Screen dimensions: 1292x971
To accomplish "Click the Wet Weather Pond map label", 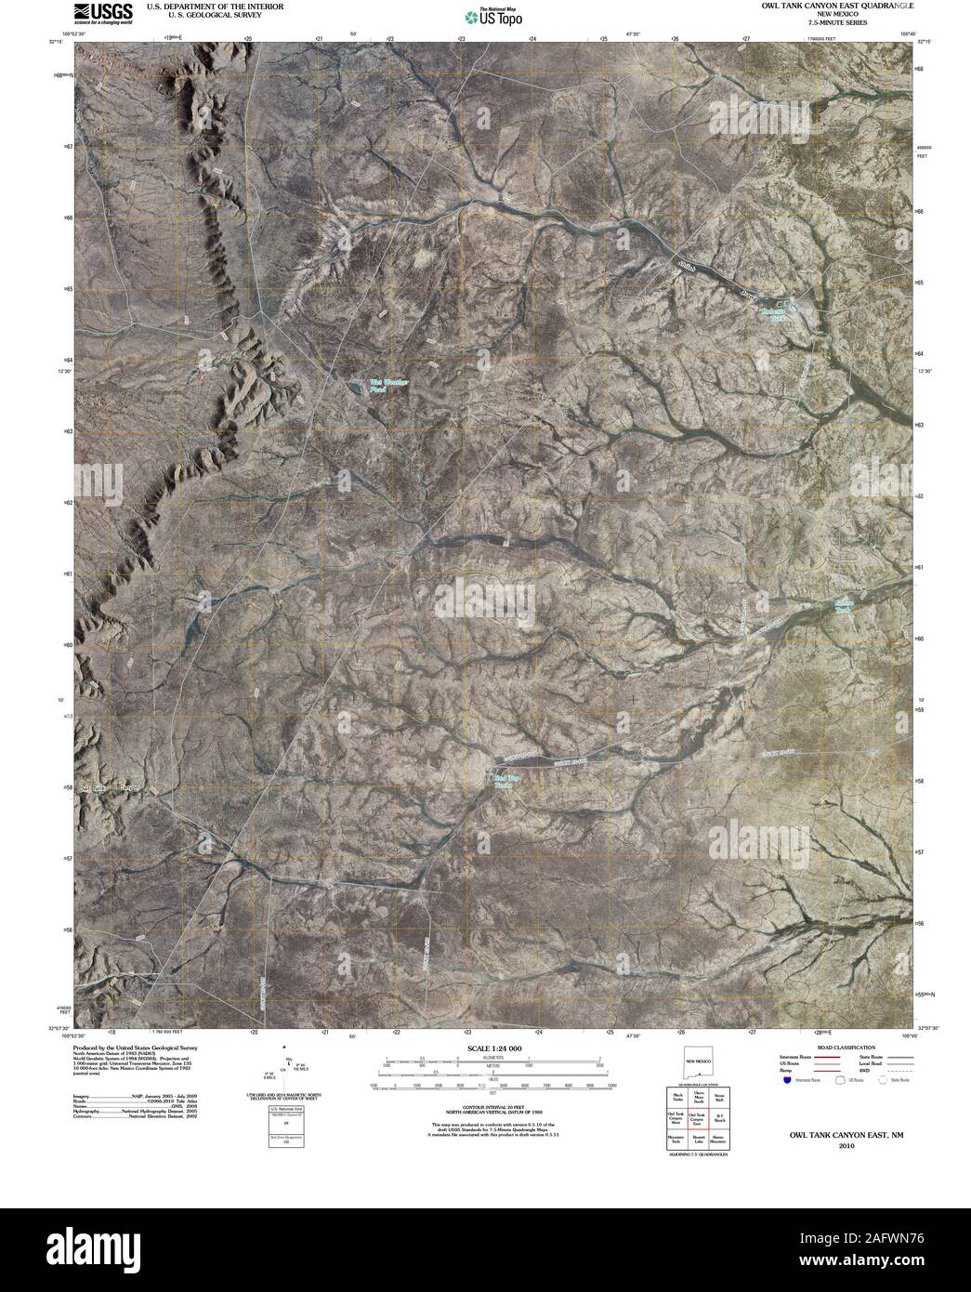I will pyautogui.click(x=388, y=385).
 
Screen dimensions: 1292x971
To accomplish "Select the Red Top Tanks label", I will pyautogui.click(x=505, y=781).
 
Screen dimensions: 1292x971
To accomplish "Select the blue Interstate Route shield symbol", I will pyautogui.click(x=787, y=1081).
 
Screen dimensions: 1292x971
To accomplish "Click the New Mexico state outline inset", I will pyautogui.click(x=698, y=1061).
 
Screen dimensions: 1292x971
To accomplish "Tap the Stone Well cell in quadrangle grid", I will pyautogui.click(x=720, y=1098).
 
